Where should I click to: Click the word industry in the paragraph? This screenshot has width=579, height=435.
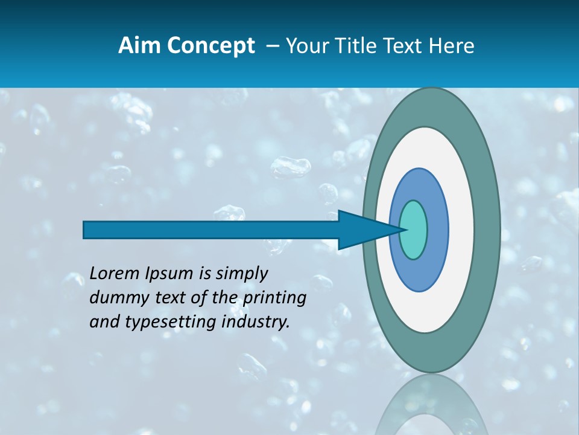tap(253, 321)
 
